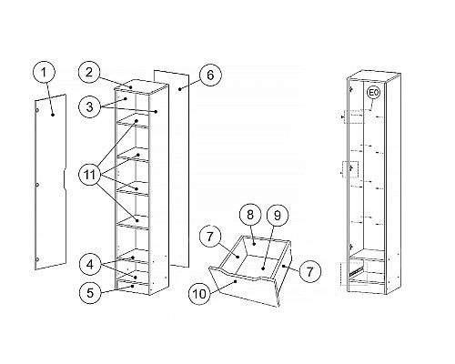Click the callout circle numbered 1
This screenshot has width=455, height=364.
(x=44, y=73)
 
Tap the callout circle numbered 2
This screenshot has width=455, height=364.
(x=89, y=73)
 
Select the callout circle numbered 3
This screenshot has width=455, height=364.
(x=90, y=106)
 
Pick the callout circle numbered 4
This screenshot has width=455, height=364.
(x=90, y=265)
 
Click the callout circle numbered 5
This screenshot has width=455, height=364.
(x=90, y=293)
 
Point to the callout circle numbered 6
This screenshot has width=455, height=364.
(x=210, y=75)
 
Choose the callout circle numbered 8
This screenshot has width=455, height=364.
(x=250, y=215)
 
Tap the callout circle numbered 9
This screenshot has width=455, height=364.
(x=278, y=215)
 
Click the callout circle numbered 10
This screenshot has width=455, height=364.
(x=200, y=293)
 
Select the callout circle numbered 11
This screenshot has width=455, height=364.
(x=90, y=175)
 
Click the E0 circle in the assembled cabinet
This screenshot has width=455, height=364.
(x=373, y=94)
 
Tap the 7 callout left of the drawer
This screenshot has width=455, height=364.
(x=210, y=237)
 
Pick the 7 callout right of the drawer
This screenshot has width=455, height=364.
(x=309, y=271)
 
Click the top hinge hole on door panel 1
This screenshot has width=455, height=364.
(x=37, y=110)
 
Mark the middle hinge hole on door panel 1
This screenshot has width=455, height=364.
(x=37, y=185)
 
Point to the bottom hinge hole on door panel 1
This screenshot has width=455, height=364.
(x=37, y=259)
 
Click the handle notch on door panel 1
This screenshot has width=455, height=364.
(x=65, y=180)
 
